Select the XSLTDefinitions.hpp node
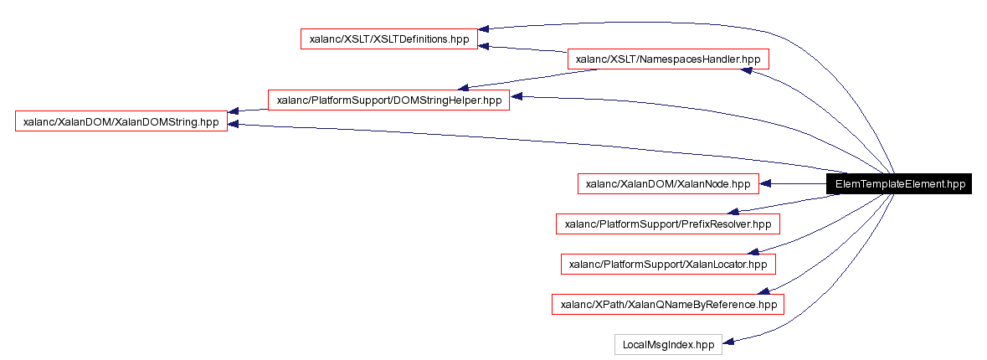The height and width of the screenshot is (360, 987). coord(389,39)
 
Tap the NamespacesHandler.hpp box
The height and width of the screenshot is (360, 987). coord(667,59)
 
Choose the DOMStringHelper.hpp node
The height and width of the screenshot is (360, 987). coord(388,100)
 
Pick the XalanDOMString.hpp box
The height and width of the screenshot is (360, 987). coord(121,121)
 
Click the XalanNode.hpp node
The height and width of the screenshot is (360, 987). coord(667,184)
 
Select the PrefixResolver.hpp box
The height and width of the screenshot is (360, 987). coord(667,224)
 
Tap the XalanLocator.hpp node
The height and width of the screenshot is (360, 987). coord(667,264)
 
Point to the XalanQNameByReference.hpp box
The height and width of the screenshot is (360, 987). coord(667,304)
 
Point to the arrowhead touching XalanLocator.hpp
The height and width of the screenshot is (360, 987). coord(754,250)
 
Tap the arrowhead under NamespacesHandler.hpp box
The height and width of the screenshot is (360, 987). coord(749,72)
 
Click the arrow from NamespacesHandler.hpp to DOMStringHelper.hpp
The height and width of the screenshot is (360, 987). coord(536,78)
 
